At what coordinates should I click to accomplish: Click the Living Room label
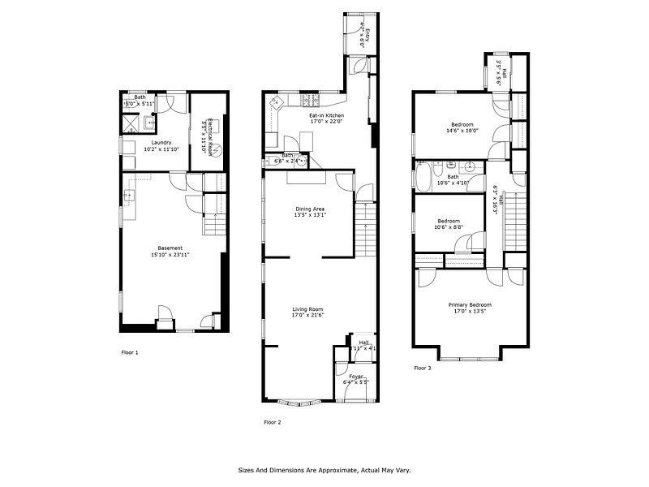click(308, 309)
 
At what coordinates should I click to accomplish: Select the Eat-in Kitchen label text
click(326, 116)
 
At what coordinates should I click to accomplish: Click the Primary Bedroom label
click(470, 305)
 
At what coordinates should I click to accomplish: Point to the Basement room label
click(170, 248)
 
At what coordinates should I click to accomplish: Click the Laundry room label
click(155, 143)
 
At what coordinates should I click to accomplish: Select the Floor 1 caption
click(130, 352)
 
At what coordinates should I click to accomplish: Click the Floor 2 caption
click(273, 422)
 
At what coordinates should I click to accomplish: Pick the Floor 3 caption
click(423, 368)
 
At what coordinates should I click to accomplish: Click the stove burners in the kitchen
click(312, 101)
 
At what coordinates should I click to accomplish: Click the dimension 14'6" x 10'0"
click(462, 131)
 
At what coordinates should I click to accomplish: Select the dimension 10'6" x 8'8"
click(449, 227)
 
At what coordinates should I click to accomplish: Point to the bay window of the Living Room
click(300, 402)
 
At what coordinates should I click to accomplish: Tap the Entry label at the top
click(367, 36)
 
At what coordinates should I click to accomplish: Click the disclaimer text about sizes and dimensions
click(324, 470)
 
